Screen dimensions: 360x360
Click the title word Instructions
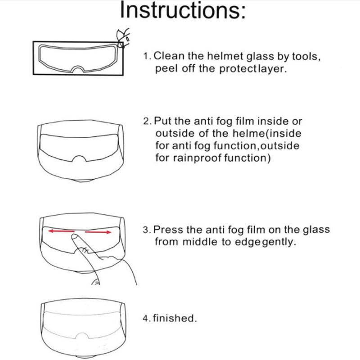pyautogui.click(x=183, y=10)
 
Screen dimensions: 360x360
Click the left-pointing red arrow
pyautogui.click(x=61, y=231)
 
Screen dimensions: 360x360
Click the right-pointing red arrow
pyautogui.click(x=98, y=232)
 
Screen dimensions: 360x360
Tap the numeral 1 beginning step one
pyautogui.click(x=145, y=56)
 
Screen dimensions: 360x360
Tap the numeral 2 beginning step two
pyautogui.click(x=146, y=121)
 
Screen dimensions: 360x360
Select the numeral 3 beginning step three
pyautogui.click(x=146, y=229)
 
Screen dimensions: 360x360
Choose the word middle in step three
pyautogui.click(x=200, y=242)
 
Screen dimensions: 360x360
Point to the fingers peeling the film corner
pyautogui.click(x=123, y=38)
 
